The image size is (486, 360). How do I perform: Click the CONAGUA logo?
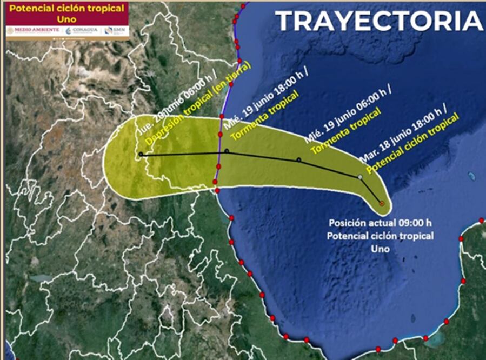coord(82,30)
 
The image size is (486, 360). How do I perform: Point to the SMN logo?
coord(116,30)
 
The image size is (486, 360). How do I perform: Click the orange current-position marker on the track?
coord(382,204)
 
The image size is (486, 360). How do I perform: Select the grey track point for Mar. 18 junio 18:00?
coord(360,177)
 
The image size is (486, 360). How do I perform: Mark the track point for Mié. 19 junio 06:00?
coord(298,160)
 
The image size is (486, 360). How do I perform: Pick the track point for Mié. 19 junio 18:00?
coord(227,151)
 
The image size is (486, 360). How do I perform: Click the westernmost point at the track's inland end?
coord(141,155)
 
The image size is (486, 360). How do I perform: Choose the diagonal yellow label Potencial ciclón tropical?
coord(412,143)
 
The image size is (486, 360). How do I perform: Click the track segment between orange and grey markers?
coord(372,191)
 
